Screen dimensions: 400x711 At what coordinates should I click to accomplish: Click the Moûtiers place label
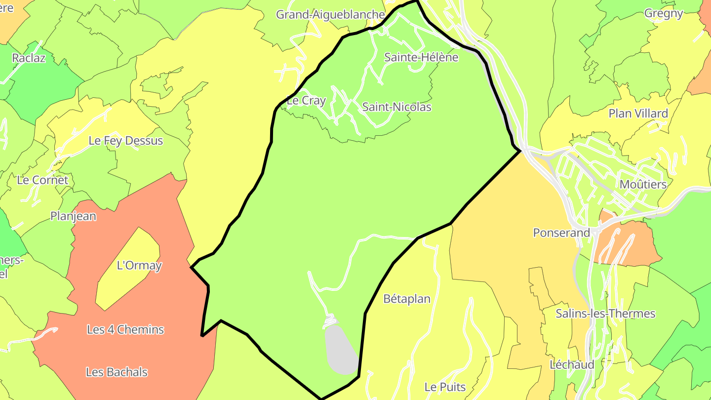click(x=643, y=185)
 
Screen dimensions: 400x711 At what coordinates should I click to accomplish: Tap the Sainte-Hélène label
click(x=421, y=58)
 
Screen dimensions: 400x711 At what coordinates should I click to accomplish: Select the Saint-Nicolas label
click(x=396, y=107)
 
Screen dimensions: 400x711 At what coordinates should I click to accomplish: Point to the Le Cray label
click(x=306, y=101)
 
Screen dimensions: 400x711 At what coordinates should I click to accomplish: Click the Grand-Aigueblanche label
click(x=330, y=15)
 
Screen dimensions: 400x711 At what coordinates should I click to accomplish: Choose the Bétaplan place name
click(x=407, y=299)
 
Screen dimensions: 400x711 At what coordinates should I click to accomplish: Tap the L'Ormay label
click(x=139, y=266)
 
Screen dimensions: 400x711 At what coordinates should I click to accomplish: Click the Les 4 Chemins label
click(x=125, y=329)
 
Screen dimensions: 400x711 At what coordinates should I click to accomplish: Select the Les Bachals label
click(x=117, y=372)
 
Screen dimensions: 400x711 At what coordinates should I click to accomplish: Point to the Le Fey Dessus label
click(x=125, y=141)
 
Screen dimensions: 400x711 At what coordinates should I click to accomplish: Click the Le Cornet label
click(x=42, y=180)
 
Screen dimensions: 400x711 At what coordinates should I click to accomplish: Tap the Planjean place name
click(x=73, y=216)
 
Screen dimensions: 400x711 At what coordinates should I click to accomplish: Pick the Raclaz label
click(x=29, y=58)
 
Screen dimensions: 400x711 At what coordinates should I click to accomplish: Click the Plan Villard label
click(x=638, y=114)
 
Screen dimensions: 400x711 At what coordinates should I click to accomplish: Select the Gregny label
click(x=664, y=14)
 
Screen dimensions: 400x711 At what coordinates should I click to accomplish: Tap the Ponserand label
click(x=561, y=233)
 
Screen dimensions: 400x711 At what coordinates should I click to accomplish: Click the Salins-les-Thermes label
click(x=605, y=314)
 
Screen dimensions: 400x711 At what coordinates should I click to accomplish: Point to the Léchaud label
click(x=572, y=365)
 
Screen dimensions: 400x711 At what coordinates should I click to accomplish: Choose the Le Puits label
click(x=445, y=387)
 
